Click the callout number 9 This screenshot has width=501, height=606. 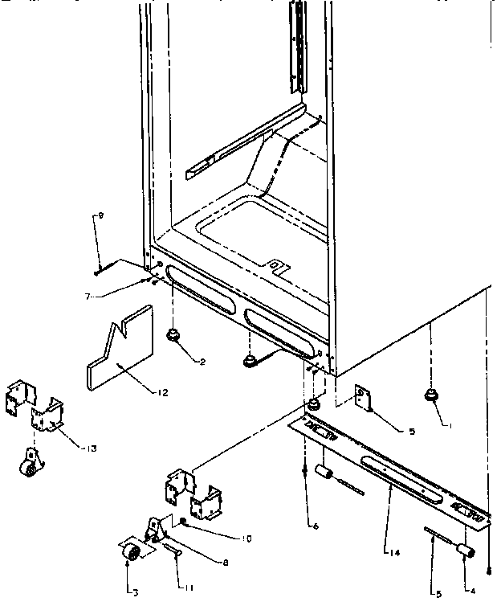100,215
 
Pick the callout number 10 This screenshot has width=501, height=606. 247,538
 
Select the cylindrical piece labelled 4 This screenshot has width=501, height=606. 463,548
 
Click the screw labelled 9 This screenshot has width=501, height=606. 97,270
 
